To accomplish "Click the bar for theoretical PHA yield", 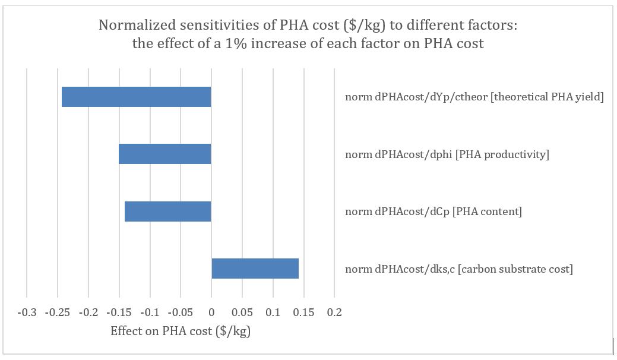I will click(136, 97).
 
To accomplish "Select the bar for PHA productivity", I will click(164, 154).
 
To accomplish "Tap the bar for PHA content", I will click(167, 211).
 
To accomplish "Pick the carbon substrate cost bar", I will click(255, 269).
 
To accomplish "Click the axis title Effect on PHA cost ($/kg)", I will click(181, 331).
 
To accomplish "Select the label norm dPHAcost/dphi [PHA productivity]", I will click(447, 155).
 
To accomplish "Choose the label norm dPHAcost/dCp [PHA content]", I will click(434, 212).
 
